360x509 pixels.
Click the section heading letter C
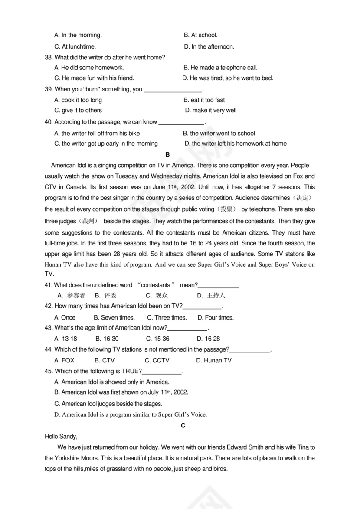(x=183, y=425)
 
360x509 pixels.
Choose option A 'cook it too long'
(x=78, y=100)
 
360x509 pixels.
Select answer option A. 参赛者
(x=72, y=296)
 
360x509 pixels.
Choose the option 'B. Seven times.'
(x=114, y=317)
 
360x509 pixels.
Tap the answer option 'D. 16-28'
(x=208, y=339)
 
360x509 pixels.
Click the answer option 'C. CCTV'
(x=157, y=360)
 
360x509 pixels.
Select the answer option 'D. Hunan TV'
(x=214, y=360)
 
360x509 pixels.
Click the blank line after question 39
(x=173, y=90)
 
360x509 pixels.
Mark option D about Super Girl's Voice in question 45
(x=131, y=414)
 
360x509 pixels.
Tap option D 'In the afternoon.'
(x=209, y=46)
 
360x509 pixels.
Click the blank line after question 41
(x=219, y=286)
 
